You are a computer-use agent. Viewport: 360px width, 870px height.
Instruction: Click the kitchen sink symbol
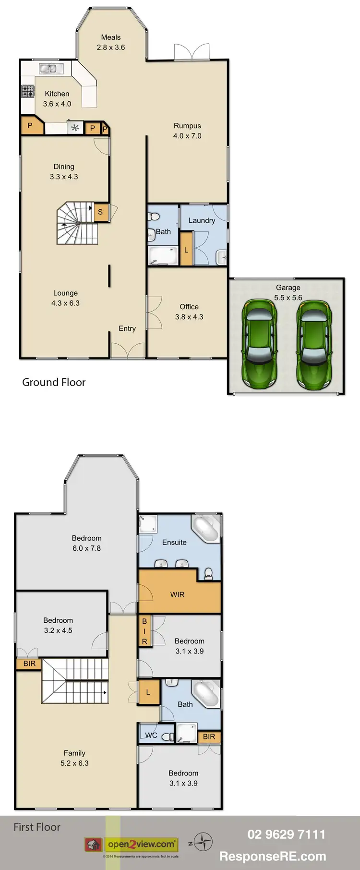[48, 69]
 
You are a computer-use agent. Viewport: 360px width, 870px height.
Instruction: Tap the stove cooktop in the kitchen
[28, 91]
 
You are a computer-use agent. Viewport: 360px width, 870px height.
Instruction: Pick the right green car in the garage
[314, 344]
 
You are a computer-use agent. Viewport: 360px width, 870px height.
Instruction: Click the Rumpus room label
[187, 126]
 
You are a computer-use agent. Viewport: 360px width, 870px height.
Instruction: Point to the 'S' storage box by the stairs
[101, 212]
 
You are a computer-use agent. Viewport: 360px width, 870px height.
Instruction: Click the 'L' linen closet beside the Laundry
[186, 250]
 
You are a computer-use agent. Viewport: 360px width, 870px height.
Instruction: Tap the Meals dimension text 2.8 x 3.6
[111, 48]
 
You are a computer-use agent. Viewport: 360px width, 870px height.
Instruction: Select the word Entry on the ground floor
[127, 328]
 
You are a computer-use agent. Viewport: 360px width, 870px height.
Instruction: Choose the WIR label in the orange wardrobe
[177, 594]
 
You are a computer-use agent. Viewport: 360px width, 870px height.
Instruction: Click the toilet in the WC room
[167, 737]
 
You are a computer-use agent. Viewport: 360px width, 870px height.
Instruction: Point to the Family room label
[74, 753]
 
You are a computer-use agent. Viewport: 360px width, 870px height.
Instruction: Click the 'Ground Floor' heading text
[54, 382]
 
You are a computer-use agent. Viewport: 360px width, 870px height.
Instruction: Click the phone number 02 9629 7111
[286, 834]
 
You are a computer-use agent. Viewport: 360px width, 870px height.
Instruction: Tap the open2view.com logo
[141, 844]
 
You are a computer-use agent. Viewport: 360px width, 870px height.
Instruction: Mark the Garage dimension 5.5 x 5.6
[288, 298]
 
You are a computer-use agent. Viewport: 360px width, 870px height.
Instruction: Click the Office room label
[189, 307]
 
